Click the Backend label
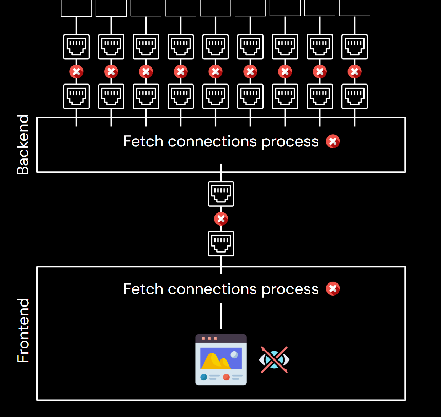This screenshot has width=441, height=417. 23,145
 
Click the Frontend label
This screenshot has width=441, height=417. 23,330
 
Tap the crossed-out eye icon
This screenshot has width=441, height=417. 274,360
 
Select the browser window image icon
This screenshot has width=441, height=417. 221,360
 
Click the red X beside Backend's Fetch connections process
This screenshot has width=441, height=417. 333,141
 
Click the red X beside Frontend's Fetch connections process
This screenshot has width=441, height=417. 333,289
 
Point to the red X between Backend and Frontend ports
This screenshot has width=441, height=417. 221,219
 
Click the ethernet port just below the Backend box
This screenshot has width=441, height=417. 221,194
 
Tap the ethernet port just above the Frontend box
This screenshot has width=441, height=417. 221,244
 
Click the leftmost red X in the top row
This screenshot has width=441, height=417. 76,72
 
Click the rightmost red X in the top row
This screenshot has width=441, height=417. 355,72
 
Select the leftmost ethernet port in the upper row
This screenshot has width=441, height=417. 76,47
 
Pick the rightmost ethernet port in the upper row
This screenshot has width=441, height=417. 355,47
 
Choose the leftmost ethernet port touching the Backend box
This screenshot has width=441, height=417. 76,96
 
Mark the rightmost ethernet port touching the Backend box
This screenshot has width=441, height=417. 355,96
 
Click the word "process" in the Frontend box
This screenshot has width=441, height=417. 290,289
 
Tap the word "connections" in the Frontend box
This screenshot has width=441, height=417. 212,289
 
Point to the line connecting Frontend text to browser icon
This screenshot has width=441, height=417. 221,315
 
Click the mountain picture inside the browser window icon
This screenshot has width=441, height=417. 220,359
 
